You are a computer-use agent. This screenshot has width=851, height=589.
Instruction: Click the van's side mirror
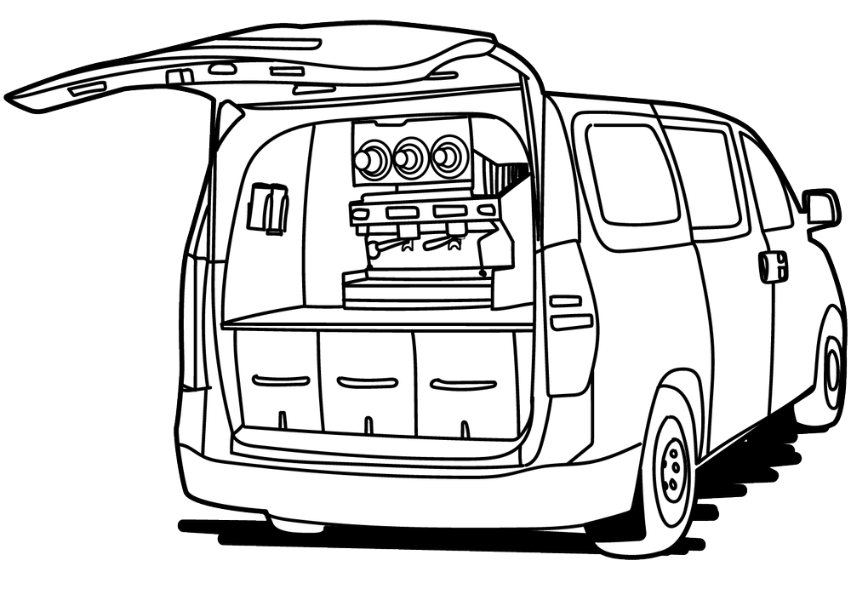coord(820,206)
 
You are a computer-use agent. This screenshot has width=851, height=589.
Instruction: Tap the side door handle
coord(773,266)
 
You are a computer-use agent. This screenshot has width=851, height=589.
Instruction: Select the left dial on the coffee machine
coord(372,159)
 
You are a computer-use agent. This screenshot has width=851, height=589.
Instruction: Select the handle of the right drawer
coord(463,385)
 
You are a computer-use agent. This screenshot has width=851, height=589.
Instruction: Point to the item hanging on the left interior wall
coord(267,207)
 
